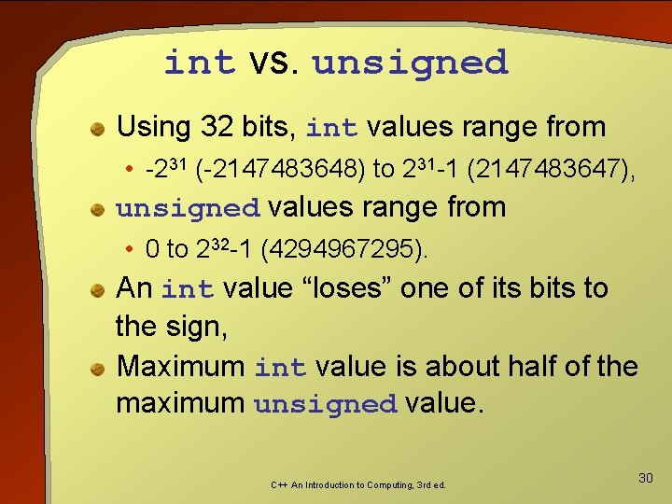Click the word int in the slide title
200,63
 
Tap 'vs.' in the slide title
273,63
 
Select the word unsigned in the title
410,63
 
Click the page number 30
645,478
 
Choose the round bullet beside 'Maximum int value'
97,368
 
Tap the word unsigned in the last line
325,405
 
